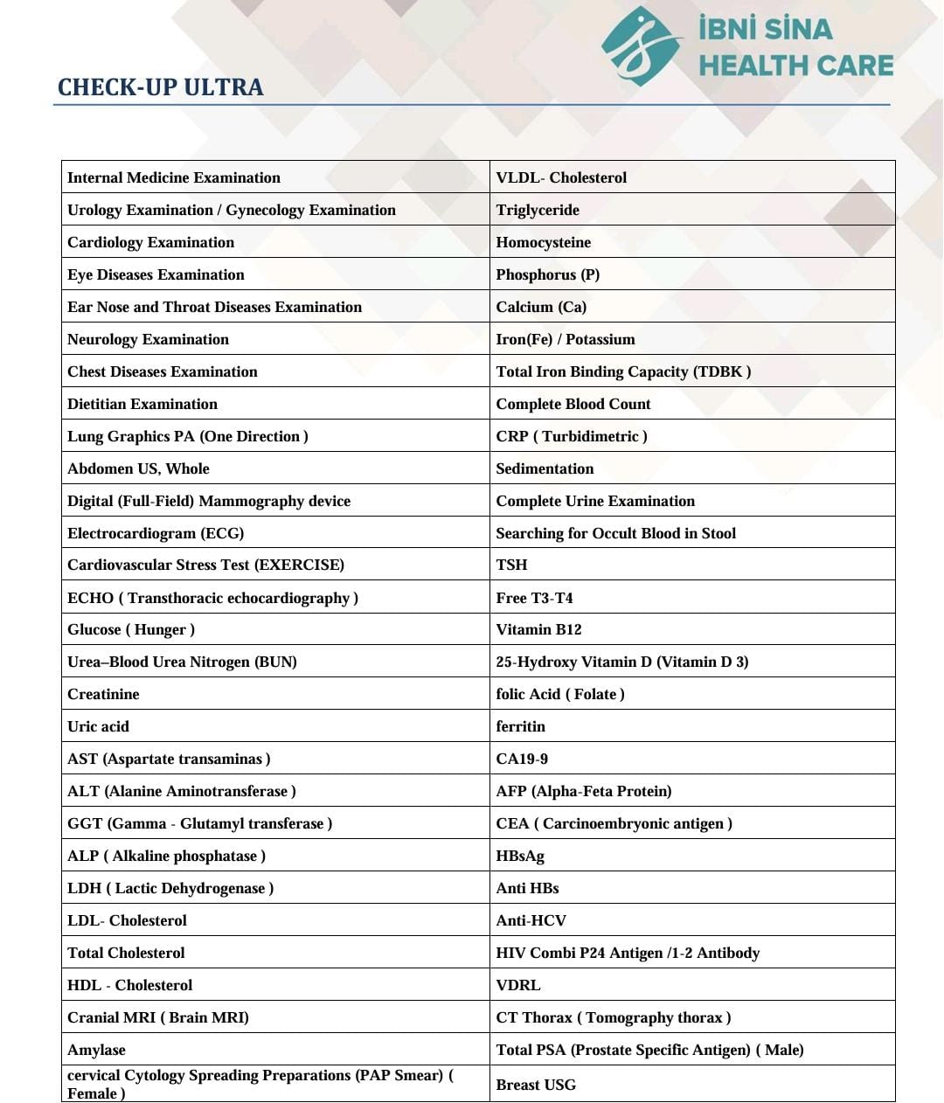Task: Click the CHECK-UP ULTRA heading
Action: click(160, 87)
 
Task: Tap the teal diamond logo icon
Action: click(642, 47)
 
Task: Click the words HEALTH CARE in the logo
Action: click(795, 66)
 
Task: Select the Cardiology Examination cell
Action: click(151, 242)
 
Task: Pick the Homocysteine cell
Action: click(543, 242)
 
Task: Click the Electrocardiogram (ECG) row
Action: click(156, 533)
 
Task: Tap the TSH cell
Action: click(511, 565)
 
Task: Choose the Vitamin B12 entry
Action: click(538, 629)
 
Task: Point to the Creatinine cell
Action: click(103, 694)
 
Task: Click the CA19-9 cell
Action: click(522, 759)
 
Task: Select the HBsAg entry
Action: click(520, 856)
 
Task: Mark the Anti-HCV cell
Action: click(531, 920)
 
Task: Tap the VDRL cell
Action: click(517, 985)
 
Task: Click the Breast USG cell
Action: click(536, 1085)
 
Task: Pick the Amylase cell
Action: click(96, 1050)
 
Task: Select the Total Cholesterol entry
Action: click(126, 953)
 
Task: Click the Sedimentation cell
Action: click(545, 468)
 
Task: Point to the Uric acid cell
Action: click(98, 726)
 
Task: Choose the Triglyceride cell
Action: click(538, 210)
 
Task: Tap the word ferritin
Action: click(520, 726)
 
